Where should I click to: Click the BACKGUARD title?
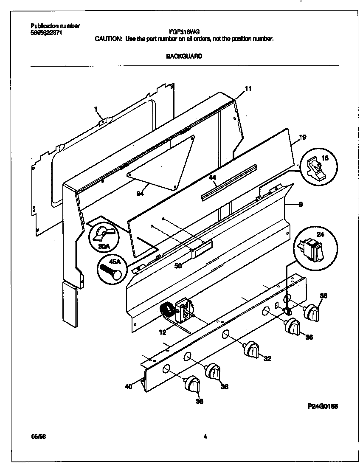tap(184, 56)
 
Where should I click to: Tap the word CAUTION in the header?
tap(109, 39)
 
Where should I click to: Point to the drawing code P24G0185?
tap(323, 406)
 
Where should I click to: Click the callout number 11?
tap(248, 88)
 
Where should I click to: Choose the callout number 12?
tap(163, 332)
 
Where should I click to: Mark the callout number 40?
tap(129, 386)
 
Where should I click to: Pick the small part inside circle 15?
tap(315, 168)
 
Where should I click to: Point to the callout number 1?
tap(96, 109)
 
